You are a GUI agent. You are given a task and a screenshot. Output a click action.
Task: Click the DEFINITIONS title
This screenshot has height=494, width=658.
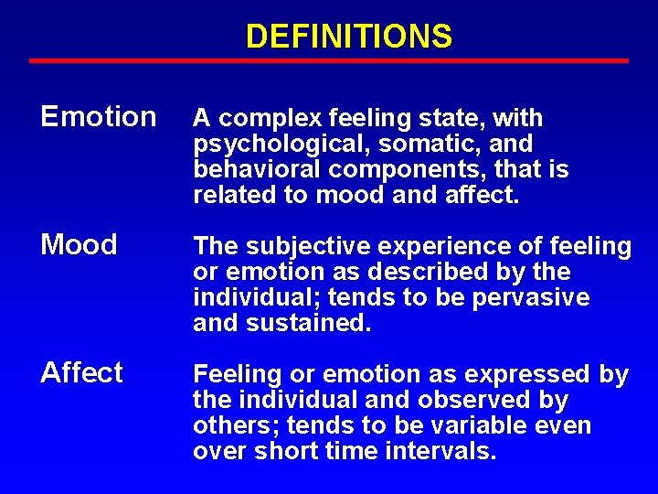pyautogui.click(x=348, y=36)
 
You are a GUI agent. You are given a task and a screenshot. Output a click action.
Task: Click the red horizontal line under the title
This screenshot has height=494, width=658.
pyautogui.click(x=329, y=61)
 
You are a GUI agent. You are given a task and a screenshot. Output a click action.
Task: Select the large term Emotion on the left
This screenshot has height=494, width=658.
pyautogui.click(x=99, y=117)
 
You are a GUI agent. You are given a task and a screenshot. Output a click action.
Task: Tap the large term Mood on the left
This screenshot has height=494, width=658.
pyautogui.click(x=80, y=245)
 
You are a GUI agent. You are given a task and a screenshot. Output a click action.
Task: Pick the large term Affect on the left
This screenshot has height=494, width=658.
pyautogui.click(x=81, y=373)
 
